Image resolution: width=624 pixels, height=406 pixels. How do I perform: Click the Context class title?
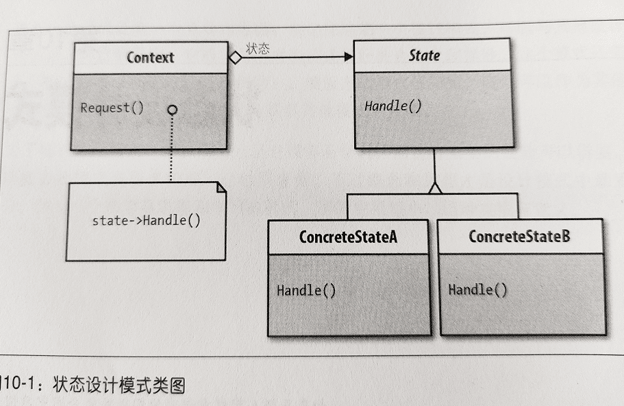[x=150, y=58]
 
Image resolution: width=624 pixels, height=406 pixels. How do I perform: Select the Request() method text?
[x=112, y=108]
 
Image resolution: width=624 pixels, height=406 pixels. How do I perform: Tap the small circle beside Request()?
[x=172, y=110]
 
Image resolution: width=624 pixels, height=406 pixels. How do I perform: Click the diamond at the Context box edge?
[x=235, y=58]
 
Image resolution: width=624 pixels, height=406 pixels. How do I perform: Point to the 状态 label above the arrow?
[x=257, y=48]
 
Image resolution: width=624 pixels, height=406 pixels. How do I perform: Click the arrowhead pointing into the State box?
[x=348, y=58]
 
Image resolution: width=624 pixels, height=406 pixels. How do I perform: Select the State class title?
[x=424, y=56]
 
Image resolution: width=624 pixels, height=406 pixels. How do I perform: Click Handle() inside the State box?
[x=392, y=106]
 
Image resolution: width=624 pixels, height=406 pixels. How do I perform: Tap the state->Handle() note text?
[x=146, y=221]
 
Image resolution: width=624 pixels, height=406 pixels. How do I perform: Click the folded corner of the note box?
[x=221, y=187]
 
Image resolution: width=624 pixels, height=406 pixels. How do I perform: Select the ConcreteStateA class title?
[x=348, y=237]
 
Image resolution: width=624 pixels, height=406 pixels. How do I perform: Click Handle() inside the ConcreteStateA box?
[x=306, y=290]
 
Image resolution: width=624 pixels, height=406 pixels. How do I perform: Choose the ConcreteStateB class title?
[x=519, y=237]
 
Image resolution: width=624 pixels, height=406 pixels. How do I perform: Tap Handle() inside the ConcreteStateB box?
[x=478, y=289]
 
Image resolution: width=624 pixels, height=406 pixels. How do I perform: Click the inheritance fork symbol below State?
[x=434, y=188]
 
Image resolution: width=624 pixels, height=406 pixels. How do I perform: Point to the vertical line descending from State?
[x=434, y=165]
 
